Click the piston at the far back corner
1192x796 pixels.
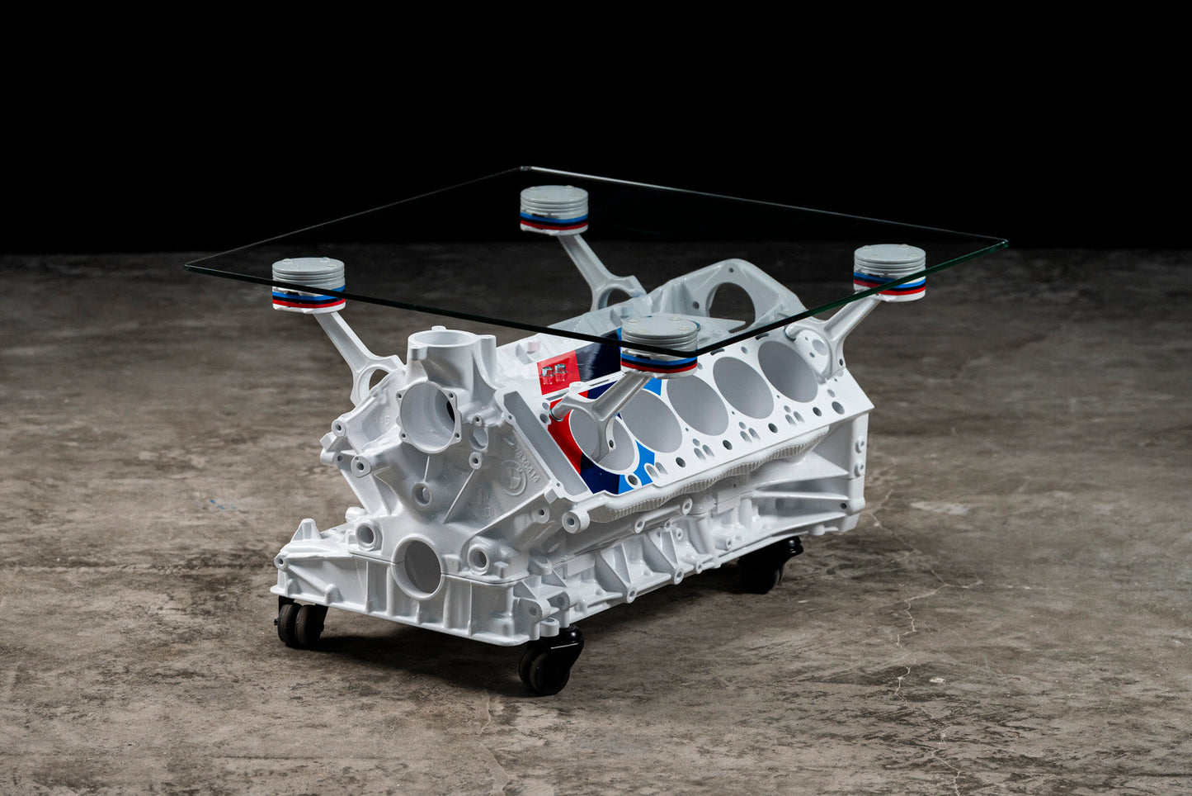(554, 210)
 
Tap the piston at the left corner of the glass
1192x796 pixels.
(308, 284)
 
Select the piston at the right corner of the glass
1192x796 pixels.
(889, 271)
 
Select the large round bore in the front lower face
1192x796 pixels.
(420, 566)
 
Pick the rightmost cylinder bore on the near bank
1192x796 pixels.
(788, 371)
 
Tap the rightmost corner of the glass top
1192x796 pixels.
(1005, 244)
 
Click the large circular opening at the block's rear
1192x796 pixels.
(728, 303)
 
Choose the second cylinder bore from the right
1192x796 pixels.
(742, 386)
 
